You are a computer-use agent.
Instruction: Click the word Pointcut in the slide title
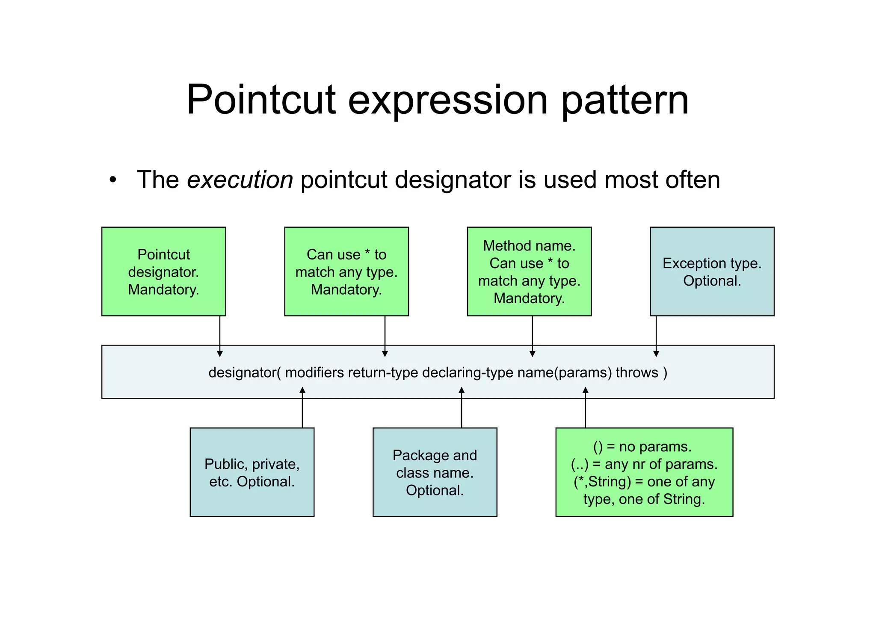pyautogui.click(x=261, y=100)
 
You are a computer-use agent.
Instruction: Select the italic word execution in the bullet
pyautogui.click(x=240, y=180)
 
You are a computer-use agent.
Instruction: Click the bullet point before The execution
pyautogui.click(x=112, y=180)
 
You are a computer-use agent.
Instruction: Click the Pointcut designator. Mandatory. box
pyautogui.click(x=163, y=271)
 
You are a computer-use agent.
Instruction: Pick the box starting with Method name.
pyautogui.click(x=529, y=271)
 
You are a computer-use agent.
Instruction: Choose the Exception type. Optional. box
pyautogui.click(x=712, y=271)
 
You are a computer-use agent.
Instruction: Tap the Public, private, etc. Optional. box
pyautogui.click(x=252, y=472)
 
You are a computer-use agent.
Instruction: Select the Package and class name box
pyautogui.click(x=435, y=472)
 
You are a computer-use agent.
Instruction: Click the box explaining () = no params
pyautogui.click(x=644, y=472)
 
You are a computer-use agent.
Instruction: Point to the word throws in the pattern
pyautogui.click(x=637, y=373)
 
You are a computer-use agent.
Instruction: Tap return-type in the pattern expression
pyautogui.click(x=383, y=373)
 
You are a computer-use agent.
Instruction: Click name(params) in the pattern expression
pyautogui.click(x=565, y=373)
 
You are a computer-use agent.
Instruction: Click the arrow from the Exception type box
pyautogui.click(x=656, y=336)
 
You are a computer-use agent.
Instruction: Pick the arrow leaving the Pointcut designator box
pyautogui.click(x=220, y=336)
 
